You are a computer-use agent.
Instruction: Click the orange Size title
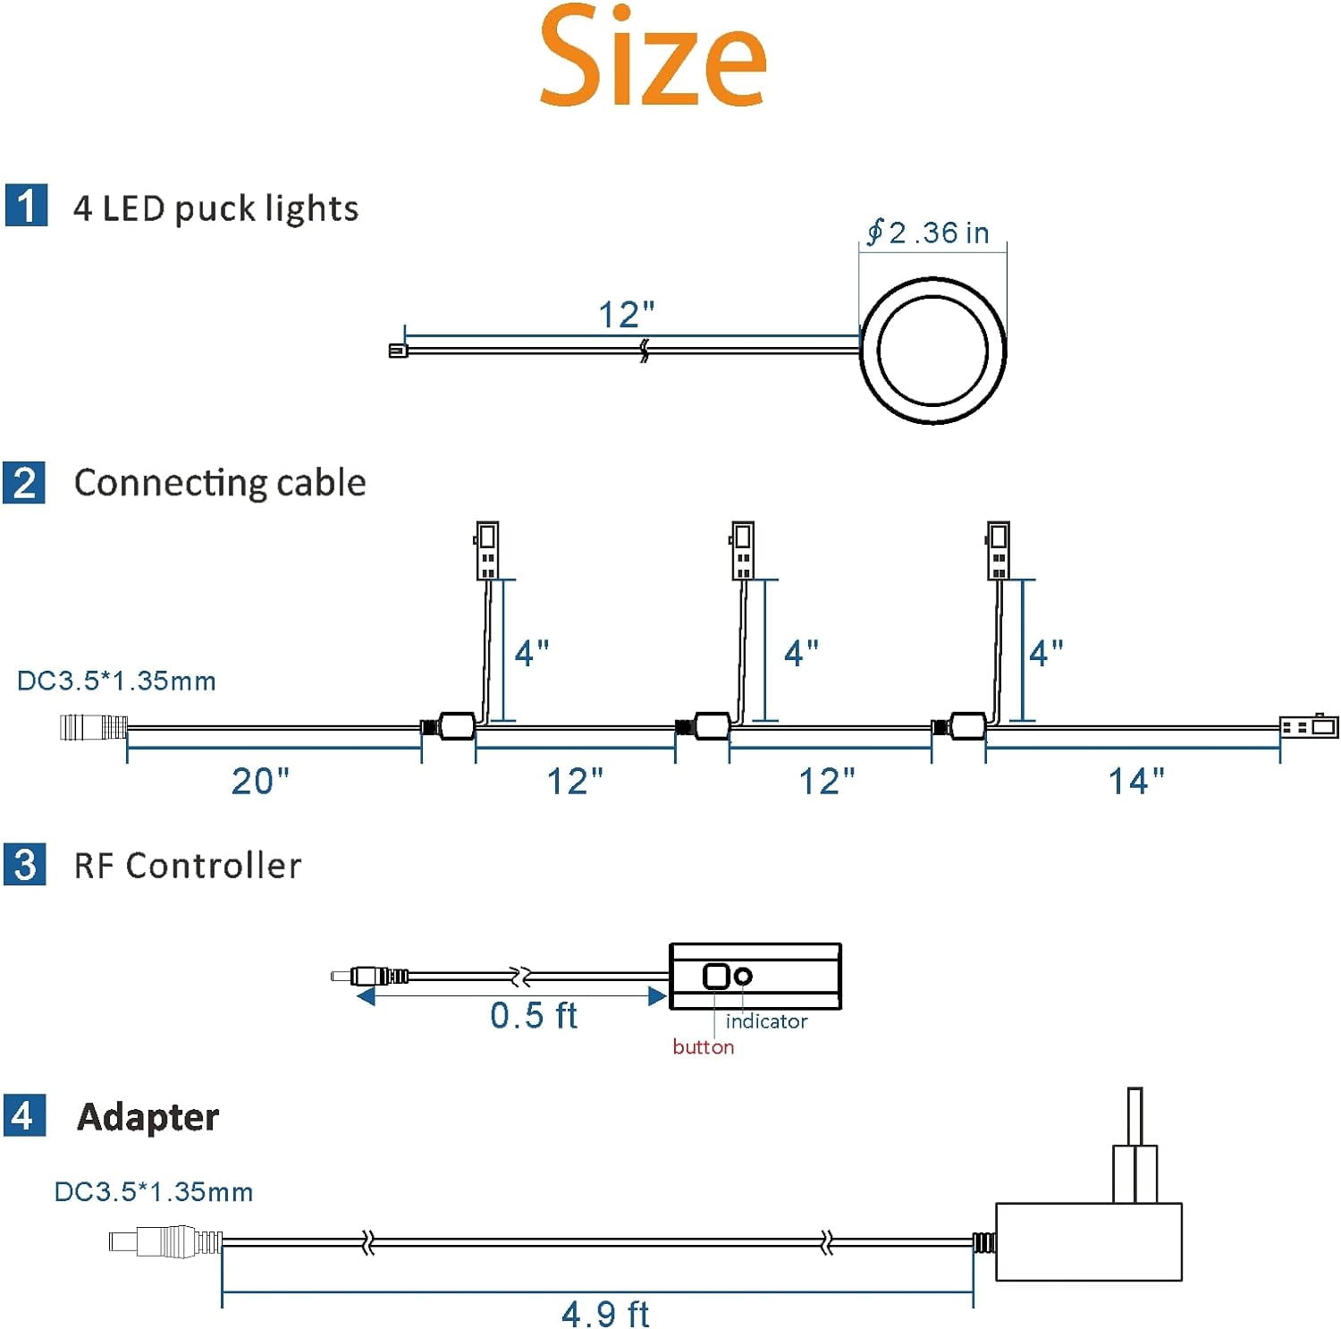coord(653,55)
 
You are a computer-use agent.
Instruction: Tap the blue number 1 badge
coord(26,206)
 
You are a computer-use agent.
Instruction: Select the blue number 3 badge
coord(25,865)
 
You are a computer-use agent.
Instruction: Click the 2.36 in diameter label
coord(928,232)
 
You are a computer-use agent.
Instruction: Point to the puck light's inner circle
coord(932,297)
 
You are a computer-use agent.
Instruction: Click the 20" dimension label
coord(260,781)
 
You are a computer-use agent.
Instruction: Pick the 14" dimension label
coord(1136,781)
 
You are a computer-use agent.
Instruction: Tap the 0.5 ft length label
coord(534,1015)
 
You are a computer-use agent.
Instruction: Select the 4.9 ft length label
coord(605,1314)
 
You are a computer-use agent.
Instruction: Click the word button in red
coord(704,1046)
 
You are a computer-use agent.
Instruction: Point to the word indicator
coord(766,1021)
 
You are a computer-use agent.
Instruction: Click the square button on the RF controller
coord(716,976)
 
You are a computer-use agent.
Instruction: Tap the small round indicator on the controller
coord(743,976)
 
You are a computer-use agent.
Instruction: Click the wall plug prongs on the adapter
coord(1134,1145)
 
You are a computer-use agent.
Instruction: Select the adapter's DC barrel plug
coord(165,1241)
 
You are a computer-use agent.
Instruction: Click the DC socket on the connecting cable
coord(93,726)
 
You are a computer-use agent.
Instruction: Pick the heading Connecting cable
coord(220,482)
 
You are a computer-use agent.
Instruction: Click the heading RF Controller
coord(188,865)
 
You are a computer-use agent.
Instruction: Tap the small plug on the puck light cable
coord(398,351)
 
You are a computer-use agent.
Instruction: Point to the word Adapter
coord(148,1116)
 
